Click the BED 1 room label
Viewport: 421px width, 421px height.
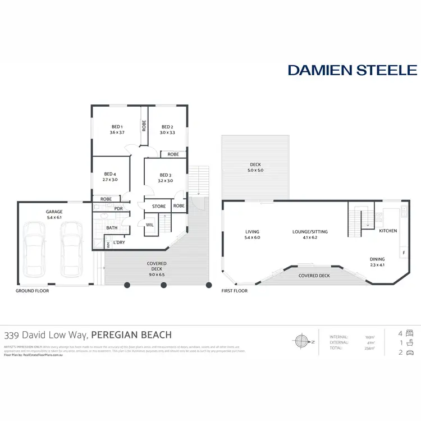click(117, 127)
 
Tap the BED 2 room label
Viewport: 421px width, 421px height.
click(167, 127)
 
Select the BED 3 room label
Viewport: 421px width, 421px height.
click(166, 175)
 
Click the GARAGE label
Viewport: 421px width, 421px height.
click(54, 212)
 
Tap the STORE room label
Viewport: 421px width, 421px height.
click(159, 207)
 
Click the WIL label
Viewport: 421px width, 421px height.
click(150, 225)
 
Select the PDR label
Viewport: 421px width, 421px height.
click(118, 209)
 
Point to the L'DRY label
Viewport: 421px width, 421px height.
click(119, 242)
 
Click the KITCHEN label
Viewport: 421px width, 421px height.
click(388, 231)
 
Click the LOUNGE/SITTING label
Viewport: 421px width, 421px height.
click(310, 231)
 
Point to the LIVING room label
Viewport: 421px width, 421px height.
click(252, 231)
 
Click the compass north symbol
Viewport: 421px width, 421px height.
click(302, 341)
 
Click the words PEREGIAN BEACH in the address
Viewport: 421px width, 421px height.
click(131, 335)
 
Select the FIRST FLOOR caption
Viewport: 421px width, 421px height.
click(235, 291)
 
